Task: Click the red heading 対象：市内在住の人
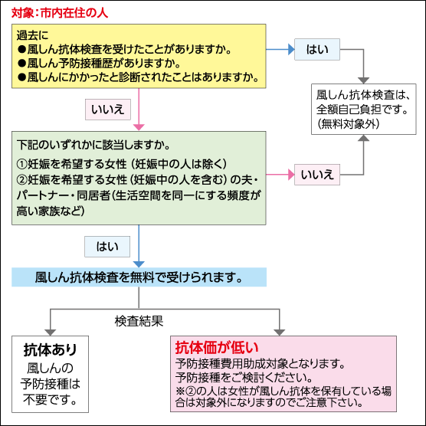(60, 13)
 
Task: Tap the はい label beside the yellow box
(317, 50)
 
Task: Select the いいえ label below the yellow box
(108, 110)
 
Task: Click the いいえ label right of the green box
(317, 175)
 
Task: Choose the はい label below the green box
(107, 247)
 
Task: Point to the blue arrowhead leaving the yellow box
(291, 50)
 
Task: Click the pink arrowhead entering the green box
(139, 127)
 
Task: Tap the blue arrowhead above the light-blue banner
(139, 264)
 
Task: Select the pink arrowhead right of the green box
(291, 175)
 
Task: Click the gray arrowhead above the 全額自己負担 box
(363, 80)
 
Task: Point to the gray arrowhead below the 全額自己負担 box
(363, 138)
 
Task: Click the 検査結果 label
(139, 321)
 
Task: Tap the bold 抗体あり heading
(51, 349)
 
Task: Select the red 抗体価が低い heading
(217, 348)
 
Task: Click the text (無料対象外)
(349, 124)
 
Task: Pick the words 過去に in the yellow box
(32, 35)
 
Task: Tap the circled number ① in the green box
(22, 164)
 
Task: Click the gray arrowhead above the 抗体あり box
(51, 333)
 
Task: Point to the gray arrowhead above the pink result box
(280, 333)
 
